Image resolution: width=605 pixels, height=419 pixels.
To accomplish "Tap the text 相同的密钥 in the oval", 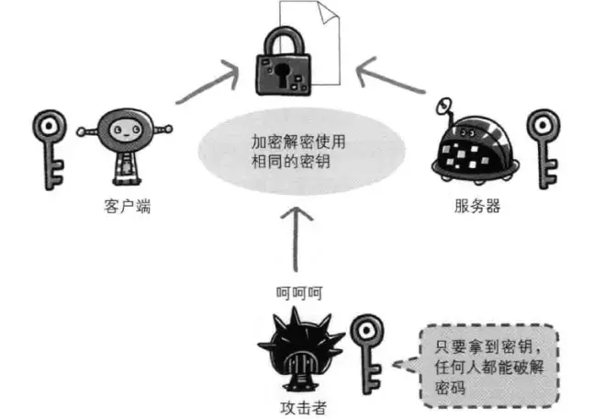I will [x=293, y=163].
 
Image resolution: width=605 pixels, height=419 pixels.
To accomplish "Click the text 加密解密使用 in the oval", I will [x=298, y=142].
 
